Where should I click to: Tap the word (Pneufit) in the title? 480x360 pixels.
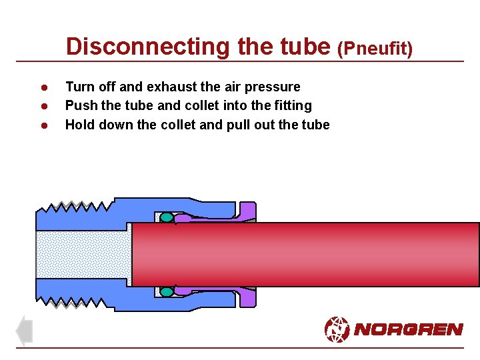click(x=375, y=48)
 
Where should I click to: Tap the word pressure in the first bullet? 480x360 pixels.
click(x=273, y=87)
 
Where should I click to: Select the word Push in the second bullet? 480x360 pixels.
click(x=79, y=105)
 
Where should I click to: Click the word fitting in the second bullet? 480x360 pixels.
click(x=293, y=106)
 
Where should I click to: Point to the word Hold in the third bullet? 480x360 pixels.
click(x=79, y=124)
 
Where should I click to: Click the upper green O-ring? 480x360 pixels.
click(x=167, y=217)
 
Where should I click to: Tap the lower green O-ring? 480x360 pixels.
click(x=167, y=291)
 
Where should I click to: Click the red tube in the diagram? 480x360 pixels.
click(x=307, y=254)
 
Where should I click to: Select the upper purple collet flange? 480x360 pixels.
click(x=247, y=211)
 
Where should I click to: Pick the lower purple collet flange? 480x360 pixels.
click(x=247, y=297)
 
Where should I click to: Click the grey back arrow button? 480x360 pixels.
click(x=24, y=331)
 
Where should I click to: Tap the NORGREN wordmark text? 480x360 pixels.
click(x=408, y=329)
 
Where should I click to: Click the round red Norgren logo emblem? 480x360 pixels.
click(x=337, y=329)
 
